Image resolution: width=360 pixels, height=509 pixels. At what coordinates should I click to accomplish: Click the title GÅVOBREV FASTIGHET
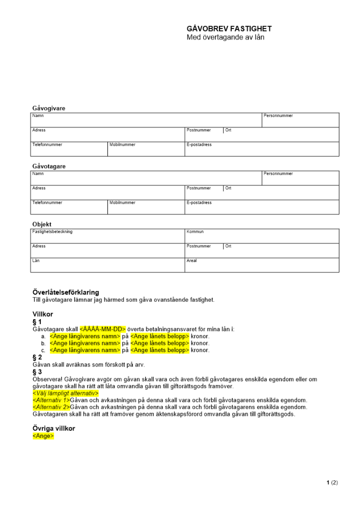[x=229, y=29]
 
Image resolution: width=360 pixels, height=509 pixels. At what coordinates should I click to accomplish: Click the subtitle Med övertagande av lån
[x=226, y=37]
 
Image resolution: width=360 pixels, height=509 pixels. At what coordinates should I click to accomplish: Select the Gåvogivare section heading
[x=49, y=108]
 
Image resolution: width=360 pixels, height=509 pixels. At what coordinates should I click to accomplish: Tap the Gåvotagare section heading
[x=49, y=166]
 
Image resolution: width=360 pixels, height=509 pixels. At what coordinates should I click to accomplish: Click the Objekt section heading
[x=42, y=224]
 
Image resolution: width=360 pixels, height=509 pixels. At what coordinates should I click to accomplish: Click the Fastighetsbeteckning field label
[x=52, y=232]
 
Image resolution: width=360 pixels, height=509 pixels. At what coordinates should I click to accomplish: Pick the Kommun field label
[x=195, y=232]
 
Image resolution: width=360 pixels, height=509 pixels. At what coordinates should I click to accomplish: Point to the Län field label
[x=36, y=261]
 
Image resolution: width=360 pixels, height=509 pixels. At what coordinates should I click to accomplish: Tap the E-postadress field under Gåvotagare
[x=261, y=207]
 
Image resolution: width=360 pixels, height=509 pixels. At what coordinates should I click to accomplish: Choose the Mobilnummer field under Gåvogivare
[x=146, y=149]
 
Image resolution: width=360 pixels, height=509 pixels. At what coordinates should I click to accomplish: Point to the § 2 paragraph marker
[x=37, y=358]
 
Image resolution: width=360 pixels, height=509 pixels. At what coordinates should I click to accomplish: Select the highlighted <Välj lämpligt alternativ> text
[x=65, y=393]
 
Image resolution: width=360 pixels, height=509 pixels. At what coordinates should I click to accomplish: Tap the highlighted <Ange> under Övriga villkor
[x=43, y=436]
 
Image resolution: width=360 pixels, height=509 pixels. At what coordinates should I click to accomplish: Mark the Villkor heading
[x=43, y=315]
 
